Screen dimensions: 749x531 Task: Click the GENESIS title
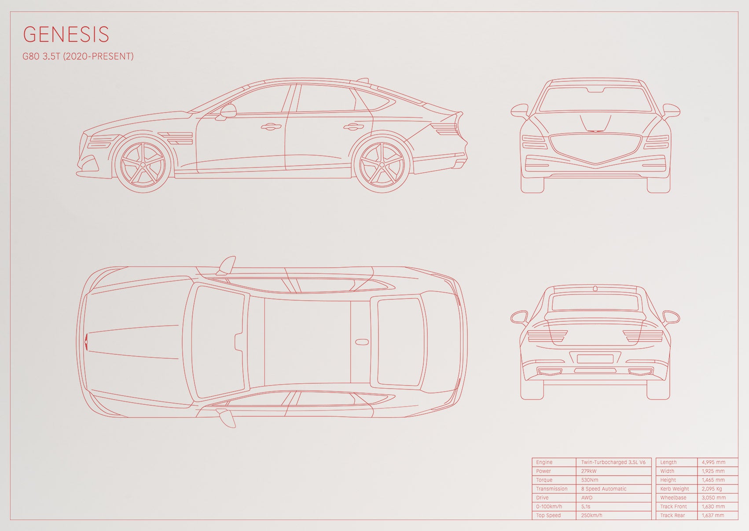(66, 34)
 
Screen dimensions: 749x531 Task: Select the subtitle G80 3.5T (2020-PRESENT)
(78, 56)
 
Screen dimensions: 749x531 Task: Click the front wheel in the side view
(143, 165)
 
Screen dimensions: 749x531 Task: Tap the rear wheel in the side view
(382, 165)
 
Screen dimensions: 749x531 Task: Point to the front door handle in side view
(271, 127)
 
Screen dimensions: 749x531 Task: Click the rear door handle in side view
(354, 127)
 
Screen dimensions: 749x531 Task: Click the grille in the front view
(595, 149)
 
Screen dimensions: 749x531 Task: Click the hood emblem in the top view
(86, 342)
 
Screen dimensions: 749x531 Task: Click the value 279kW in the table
(589, 471)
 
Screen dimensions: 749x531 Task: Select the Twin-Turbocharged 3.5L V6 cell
(613, 462)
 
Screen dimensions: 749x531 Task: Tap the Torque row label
(544, 480)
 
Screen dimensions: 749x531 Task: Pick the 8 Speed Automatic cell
(603, 489)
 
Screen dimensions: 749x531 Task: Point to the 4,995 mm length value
(713, 462)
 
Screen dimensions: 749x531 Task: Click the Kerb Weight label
(675, 489)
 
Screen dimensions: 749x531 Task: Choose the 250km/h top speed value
(591, 515)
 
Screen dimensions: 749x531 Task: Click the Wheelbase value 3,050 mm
(713, 498)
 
